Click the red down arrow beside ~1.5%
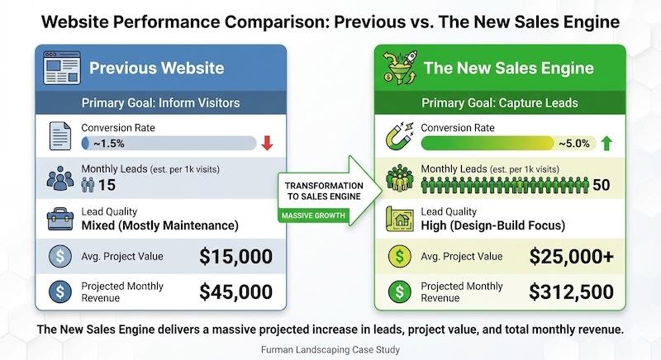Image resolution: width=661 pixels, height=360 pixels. pos(267,143)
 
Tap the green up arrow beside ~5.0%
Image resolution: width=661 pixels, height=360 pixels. pos(606,143)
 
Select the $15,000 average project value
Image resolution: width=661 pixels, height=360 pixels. pos(235,258)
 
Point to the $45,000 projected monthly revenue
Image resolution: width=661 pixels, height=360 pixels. pos(235,291)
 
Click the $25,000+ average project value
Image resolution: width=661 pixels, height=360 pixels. pos(573,258)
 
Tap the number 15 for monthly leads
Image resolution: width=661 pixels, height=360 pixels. pos(107,185)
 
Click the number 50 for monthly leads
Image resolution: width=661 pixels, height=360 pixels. pos(602,185)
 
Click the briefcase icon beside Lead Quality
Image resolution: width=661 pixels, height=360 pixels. pos(59,218)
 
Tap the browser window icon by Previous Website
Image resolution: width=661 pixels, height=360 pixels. pos(60,68)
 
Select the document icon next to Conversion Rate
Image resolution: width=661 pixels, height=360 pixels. pos(59,136)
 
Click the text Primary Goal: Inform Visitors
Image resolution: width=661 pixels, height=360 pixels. pos(161,103)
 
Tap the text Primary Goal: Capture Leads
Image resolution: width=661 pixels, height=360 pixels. pos(498,103)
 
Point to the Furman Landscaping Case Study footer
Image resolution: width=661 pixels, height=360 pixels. pos(330,349)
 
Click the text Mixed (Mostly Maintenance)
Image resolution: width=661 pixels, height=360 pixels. pos(159,225)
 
